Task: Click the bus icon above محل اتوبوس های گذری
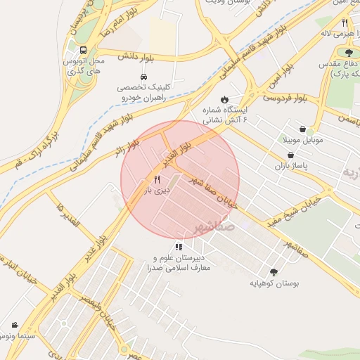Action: (84, 51)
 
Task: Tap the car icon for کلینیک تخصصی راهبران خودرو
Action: (144, 77)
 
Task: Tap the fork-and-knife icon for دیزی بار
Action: (157, 179)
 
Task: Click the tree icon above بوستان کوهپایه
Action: (274, 272)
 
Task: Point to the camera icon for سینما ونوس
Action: (15, 326)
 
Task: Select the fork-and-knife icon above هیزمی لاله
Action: (345, 23)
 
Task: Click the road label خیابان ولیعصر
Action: (105, 314)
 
